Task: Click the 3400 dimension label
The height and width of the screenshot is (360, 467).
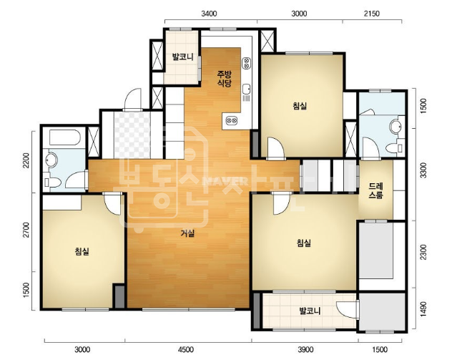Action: pos(209,14)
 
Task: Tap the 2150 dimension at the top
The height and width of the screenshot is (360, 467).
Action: pos(372,14)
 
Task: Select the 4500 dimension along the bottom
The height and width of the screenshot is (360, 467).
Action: pos(185,349)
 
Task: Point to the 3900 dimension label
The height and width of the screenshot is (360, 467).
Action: pos(305,349)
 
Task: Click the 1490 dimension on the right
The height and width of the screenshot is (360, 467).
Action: pos(423,310)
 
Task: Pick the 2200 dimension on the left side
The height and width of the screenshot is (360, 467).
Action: pos(26,160)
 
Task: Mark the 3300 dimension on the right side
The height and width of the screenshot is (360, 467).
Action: pos(423,170)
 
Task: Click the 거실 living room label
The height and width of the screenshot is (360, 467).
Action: pos(187,233)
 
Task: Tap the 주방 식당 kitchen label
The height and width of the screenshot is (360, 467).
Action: pos(225,78)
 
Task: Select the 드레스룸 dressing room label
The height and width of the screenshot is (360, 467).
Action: pos(376,190)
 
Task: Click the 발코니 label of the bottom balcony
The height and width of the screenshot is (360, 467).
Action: pos(310,311)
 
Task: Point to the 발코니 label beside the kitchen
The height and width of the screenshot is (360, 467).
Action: pos(182,57)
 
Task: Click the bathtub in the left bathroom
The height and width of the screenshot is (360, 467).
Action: pos(64,137)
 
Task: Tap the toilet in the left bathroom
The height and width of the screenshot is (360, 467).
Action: pos(52,182)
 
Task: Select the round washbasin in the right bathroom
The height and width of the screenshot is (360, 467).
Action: pos(396,126)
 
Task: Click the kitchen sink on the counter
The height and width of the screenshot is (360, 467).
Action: pos(246,89)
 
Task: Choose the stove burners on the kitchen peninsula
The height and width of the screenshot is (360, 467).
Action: pos(232,120)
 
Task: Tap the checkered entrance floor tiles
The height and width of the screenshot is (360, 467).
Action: pos(132,135)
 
